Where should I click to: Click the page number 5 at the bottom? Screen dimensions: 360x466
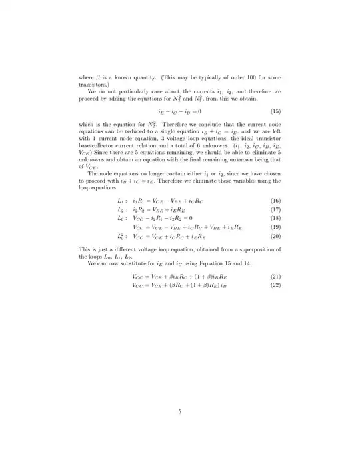click(180, 393)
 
